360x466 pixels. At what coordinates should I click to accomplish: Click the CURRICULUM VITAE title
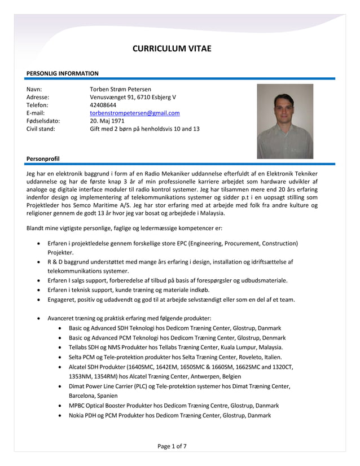(172, 49)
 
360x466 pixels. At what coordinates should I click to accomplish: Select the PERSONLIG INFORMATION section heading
(63, 73)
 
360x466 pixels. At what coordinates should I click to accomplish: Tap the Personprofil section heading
(43, 159)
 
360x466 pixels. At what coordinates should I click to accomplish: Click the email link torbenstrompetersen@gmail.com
(135, 113)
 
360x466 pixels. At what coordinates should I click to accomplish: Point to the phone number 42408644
(103, 105)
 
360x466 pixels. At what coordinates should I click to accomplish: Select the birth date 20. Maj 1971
(107, 121)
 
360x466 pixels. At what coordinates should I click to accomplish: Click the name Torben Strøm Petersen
(120, 89)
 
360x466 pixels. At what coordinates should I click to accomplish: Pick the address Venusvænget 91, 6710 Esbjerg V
(133, 97)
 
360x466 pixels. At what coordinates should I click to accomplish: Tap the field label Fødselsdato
(43, 121)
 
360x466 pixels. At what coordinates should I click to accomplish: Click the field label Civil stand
(41, 129)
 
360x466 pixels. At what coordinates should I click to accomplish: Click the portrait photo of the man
(285, 121)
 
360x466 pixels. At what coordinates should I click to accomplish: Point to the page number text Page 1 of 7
(172, 446)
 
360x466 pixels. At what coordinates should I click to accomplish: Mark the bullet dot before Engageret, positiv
(38, 300)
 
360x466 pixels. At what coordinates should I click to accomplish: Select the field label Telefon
(38, 105)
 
